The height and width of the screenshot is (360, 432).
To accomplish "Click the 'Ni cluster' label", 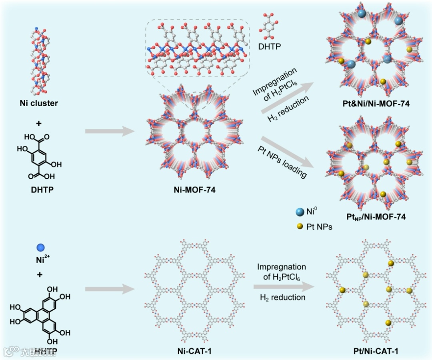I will pyautogui.click(x=39, y=103).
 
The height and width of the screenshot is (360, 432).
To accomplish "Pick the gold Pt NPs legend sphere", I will pyautogui.click(x=299, y=227).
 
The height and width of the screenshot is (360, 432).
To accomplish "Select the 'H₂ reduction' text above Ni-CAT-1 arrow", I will pyautogui.click(x=282, y=297).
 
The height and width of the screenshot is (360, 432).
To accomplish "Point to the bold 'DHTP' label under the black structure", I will pyautogui.click(x=42, y=189).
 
